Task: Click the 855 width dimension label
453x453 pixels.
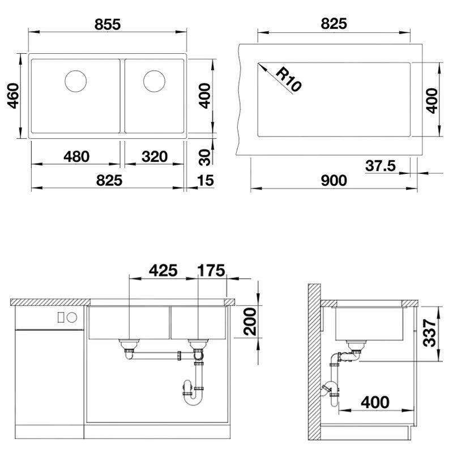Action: point(108,24)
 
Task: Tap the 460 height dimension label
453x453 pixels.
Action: point(13,96)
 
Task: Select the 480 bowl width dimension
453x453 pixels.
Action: point(76,157)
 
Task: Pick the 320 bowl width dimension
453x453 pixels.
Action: point(155,157)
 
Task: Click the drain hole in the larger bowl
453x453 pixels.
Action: point(76,81)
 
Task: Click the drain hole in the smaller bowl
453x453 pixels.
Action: point(154,81)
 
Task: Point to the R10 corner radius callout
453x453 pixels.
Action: point(288,79)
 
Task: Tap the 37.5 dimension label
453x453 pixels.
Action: point(380,166)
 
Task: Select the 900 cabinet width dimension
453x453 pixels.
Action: point(334,181)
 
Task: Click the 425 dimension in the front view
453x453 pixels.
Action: point(163,271)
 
